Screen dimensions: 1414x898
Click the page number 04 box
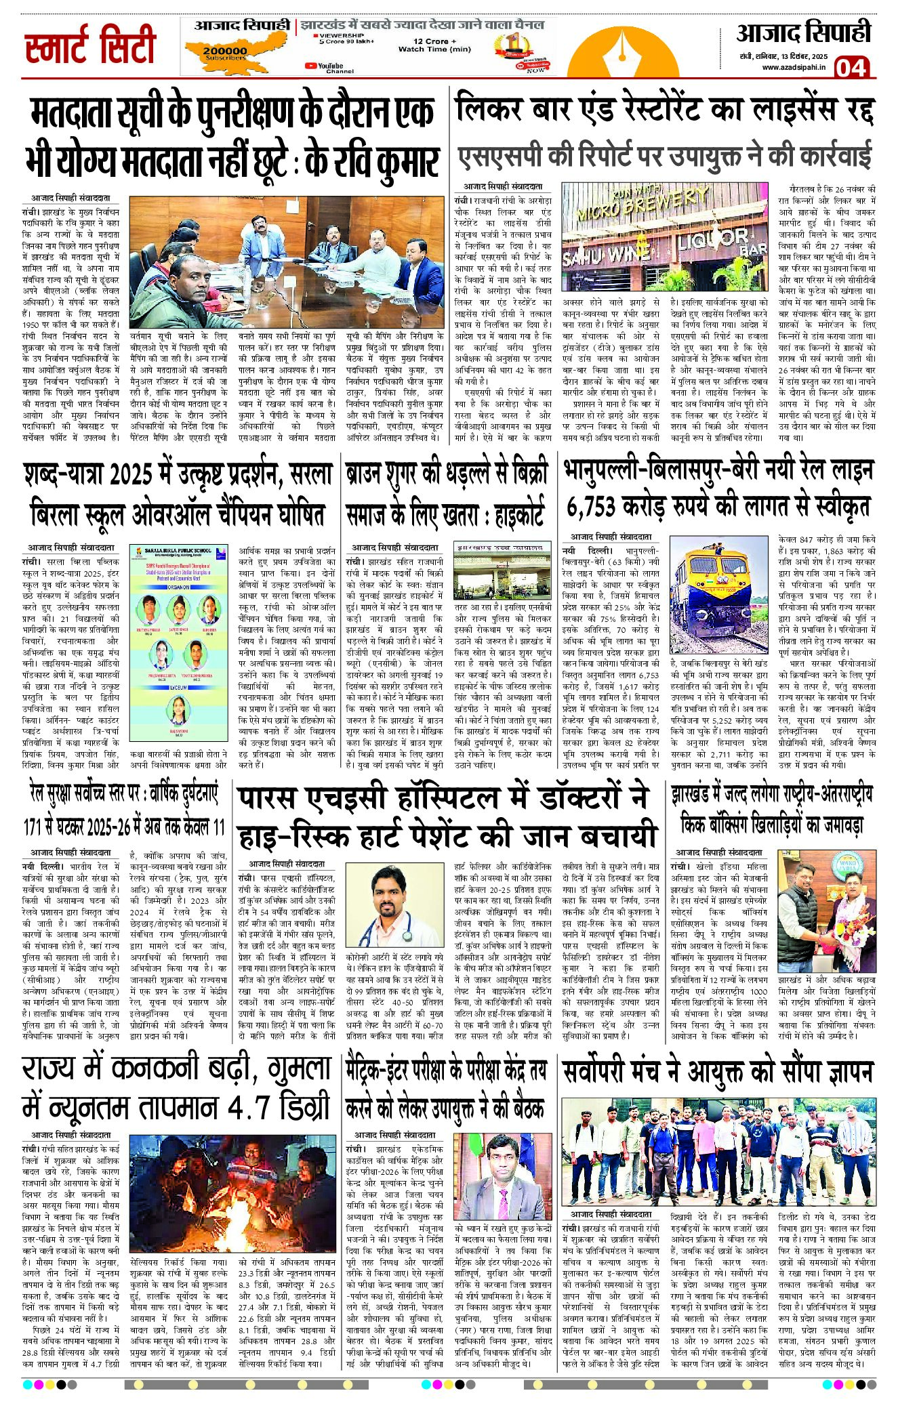pos(851,68)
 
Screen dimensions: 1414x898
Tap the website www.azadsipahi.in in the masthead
pos(793,67)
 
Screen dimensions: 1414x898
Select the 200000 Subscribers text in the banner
pos(225,53)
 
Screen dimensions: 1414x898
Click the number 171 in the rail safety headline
pos(33,828)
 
